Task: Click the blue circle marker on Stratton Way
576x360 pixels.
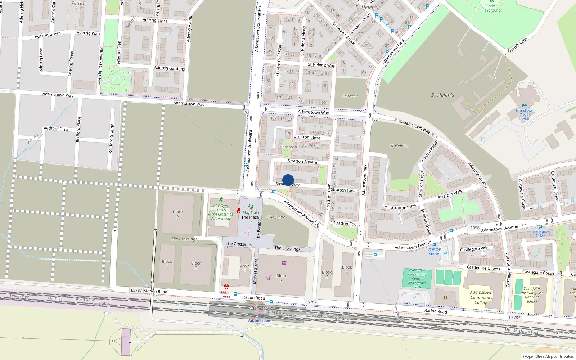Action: click(288, 180)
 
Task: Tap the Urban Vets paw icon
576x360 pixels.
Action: click(226, 287)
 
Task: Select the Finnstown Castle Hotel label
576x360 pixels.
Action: click(525, 115)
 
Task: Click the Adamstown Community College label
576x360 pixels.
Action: click(481, 297)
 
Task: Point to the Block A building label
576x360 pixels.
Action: click(178, 214)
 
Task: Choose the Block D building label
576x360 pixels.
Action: click(196, 265)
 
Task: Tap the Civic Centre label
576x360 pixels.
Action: click(276, 217)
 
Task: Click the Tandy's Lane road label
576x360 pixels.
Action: click(517, 45)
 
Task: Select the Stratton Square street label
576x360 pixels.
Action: click(302, 162)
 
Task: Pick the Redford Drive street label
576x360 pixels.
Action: click(57, 129)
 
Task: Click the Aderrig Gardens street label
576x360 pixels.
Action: click(169, 68)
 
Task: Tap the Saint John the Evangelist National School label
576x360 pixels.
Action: click(532, 295)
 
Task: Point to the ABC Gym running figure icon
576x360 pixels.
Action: click(221, 200)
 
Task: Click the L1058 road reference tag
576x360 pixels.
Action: click(474, 228)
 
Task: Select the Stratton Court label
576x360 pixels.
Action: click(346, 224)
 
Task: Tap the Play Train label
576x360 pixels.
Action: click(251, 212)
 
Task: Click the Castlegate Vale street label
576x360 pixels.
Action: click(474, 248)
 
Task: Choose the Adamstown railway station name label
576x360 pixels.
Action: click(260, 321)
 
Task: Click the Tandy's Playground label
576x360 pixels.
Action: click(491, 8)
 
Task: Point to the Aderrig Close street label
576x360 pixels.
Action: click(155, 20)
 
